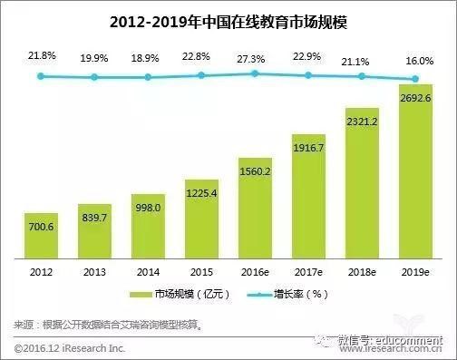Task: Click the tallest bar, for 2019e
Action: [x=415, y=172]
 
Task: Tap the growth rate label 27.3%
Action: [x=255, y=56]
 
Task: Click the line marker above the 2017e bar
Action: [x=308, y=75]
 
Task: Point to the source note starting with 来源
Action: [x=118, y=324]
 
